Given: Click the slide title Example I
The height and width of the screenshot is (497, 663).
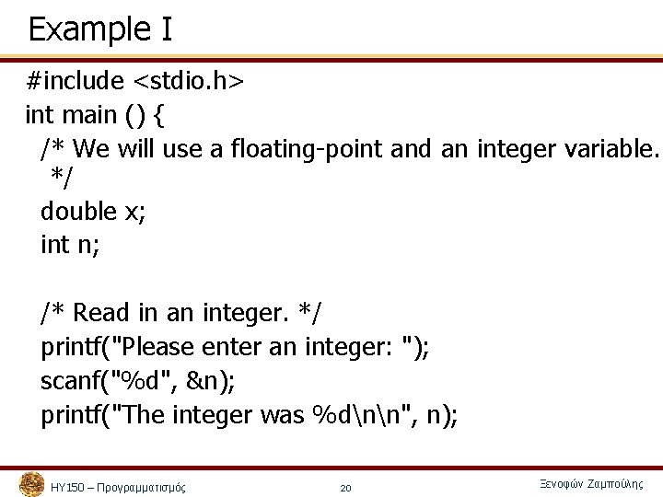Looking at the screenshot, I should (99, 29).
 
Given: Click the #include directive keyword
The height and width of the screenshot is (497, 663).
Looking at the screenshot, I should (75, 82).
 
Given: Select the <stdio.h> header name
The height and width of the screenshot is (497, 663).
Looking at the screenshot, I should (189, 82).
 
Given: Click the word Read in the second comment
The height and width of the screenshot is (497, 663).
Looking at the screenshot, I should (101, 313).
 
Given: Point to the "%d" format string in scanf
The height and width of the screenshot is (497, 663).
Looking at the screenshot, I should (143, 381).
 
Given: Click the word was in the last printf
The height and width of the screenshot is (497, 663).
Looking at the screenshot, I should (282, 415).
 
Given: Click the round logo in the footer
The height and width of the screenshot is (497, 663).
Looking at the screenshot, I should (31, 484).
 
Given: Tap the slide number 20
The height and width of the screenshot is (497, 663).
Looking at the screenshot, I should (345, 488).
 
